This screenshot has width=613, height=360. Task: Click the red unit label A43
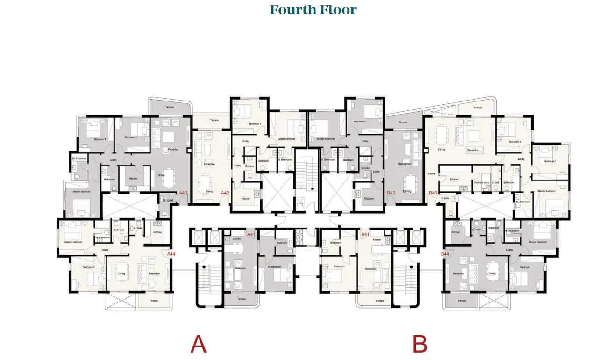183,193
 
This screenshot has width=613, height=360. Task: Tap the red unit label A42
225,193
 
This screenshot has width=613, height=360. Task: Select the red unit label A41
251,235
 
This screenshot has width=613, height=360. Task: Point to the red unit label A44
171,254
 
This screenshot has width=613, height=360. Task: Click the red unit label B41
365,235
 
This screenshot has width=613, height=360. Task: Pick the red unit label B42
391,193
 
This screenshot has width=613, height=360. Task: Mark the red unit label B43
433,193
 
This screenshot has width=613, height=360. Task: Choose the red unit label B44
445,254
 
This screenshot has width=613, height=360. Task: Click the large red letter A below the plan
198,345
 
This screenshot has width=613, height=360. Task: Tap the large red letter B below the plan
420,345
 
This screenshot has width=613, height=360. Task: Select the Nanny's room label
481,182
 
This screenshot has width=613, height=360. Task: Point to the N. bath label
495,182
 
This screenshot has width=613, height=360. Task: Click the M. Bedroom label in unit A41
274,266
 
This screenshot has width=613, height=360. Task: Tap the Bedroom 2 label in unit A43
100,139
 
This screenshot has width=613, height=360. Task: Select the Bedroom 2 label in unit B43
515,142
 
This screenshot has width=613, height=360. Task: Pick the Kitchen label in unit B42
369,199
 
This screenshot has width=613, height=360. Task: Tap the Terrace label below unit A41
242,299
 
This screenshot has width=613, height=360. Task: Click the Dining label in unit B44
492,274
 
